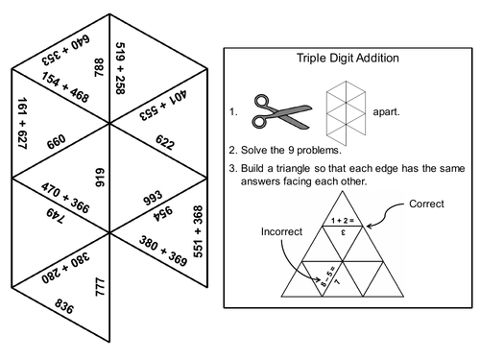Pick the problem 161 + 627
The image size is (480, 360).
(x=21, y=125)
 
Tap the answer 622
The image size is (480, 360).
(x=164, y=144)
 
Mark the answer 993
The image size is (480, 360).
(x=153, y=197)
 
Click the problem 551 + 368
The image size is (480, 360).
(x=199, y=230)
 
